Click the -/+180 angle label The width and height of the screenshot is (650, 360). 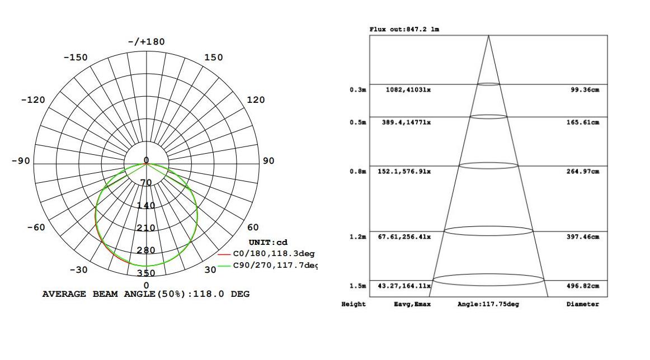[x=147, y=42]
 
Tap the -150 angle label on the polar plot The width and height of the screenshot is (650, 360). [x=76, y=58]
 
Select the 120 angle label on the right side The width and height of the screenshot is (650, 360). [x=256, y=100]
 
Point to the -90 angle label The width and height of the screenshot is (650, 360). [x=21, y=161]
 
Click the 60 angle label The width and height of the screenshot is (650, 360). [x=253, y=227]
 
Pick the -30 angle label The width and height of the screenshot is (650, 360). [x=78, y=269]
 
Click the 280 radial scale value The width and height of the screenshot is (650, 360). [x=146, y=250]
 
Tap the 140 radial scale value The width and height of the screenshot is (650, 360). [x=146, y=206]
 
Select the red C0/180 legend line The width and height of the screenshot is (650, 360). [x=224, y=254]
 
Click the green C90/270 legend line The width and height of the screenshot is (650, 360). [x=224, y=266]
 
